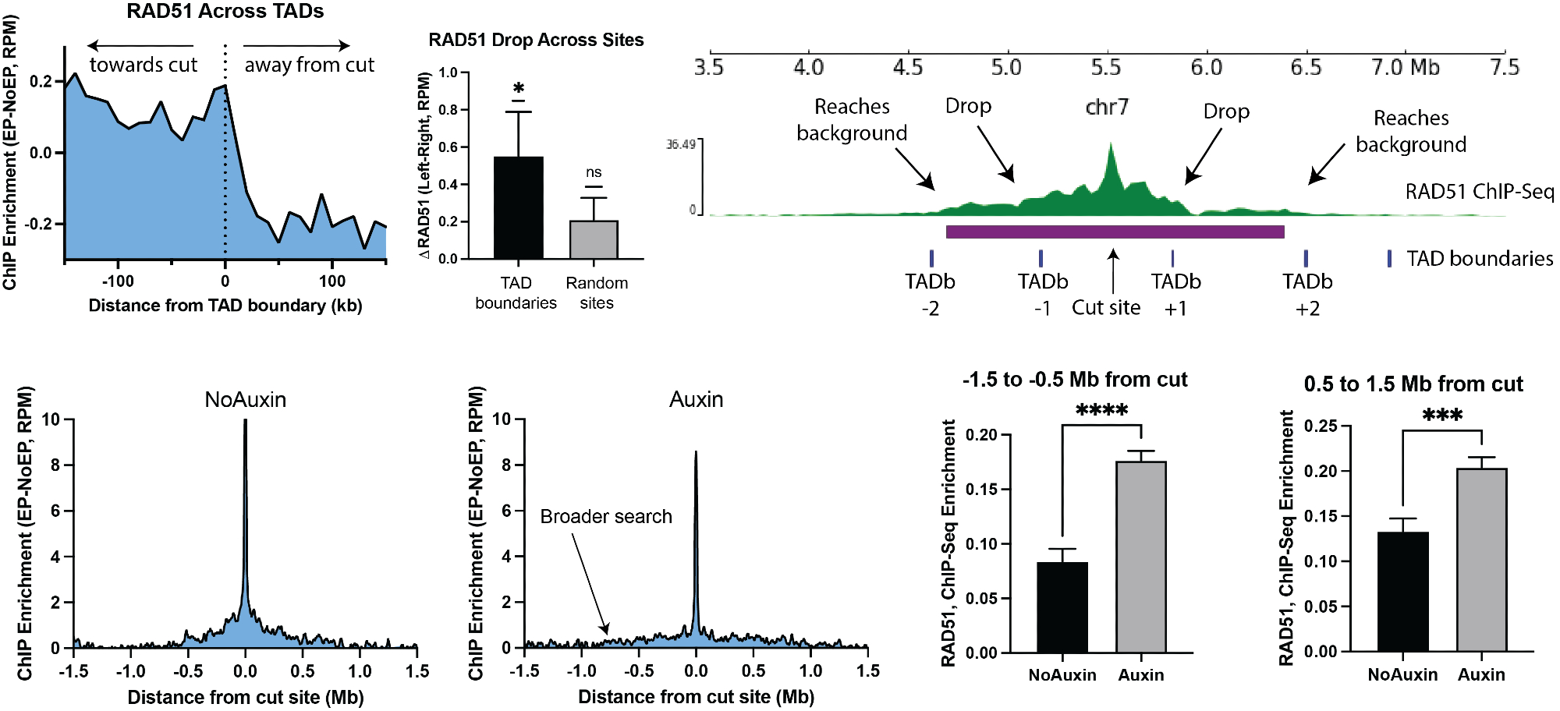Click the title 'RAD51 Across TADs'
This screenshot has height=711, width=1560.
coord(225,12)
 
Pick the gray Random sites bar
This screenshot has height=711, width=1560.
coord(594,239)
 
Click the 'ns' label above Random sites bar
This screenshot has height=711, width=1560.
coord(594,172)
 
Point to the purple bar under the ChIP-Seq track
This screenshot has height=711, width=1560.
coord(1115,232)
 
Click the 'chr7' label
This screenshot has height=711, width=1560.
coord(1107,107)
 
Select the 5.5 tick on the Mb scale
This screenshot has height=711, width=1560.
coord(1105,67)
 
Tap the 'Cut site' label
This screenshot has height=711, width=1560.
coord(1105,308)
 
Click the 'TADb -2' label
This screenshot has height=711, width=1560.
coord(930,294)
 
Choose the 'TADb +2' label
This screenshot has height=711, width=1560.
coord(1307,294)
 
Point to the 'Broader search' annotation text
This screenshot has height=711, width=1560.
coord(606,517)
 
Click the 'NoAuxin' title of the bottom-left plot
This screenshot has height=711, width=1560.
coord(245,400)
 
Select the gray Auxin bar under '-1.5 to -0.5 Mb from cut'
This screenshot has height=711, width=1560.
coord(1140,557)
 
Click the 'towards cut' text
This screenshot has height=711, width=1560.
coord(144,65)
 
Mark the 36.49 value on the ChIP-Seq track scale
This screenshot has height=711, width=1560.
coord(680,144)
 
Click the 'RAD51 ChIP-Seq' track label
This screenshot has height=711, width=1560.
coord(1479,192)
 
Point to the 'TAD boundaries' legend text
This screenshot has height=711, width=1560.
coord(1479,259)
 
